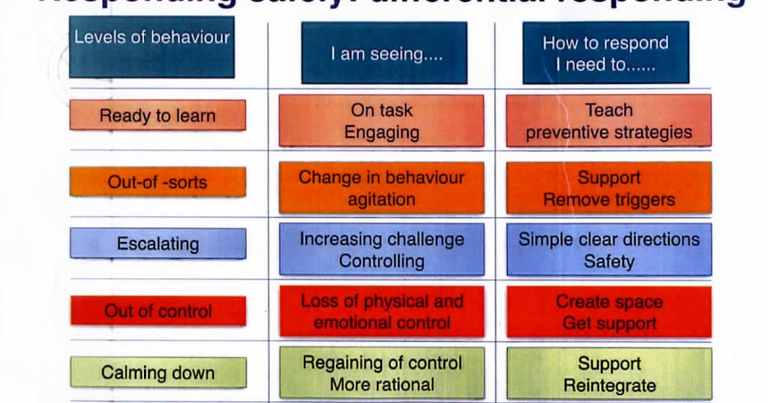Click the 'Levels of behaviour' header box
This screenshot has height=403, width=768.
point(152,47)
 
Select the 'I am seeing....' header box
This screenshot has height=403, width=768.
point(384,53)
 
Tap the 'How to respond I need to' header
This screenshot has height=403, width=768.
point(605,53)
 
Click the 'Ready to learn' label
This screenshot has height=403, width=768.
point(157,116)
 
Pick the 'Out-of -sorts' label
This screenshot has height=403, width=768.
point(157,182)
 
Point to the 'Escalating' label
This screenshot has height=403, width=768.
point(157,244)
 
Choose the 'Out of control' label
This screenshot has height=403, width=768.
point(157,312)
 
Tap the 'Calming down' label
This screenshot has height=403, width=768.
point(157,373)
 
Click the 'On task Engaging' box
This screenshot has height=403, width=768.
point(381,121)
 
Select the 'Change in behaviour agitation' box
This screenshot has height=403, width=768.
point(381,188)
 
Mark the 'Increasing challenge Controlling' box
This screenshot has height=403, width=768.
point(381,249)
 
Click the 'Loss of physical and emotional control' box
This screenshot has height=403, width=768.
point(381,312)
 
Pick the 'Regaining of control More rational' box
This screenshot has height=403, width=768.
point(381,374)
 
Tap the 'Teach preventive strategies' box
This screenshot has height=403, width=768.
point(609,121)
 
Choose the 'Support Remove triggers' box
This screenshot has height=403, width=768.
point(609,188)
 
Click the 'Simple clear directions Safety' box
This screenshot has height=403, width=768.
point(609,249)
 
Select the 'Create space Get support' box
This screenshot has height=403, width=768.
point(609,312)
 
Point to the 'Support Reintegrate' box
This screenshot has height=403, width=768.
point(609,374)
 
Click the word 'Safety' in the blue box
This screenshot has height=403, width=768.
point(609,261)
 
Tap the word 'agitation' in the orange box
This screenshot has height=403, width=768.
point(381,200)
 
